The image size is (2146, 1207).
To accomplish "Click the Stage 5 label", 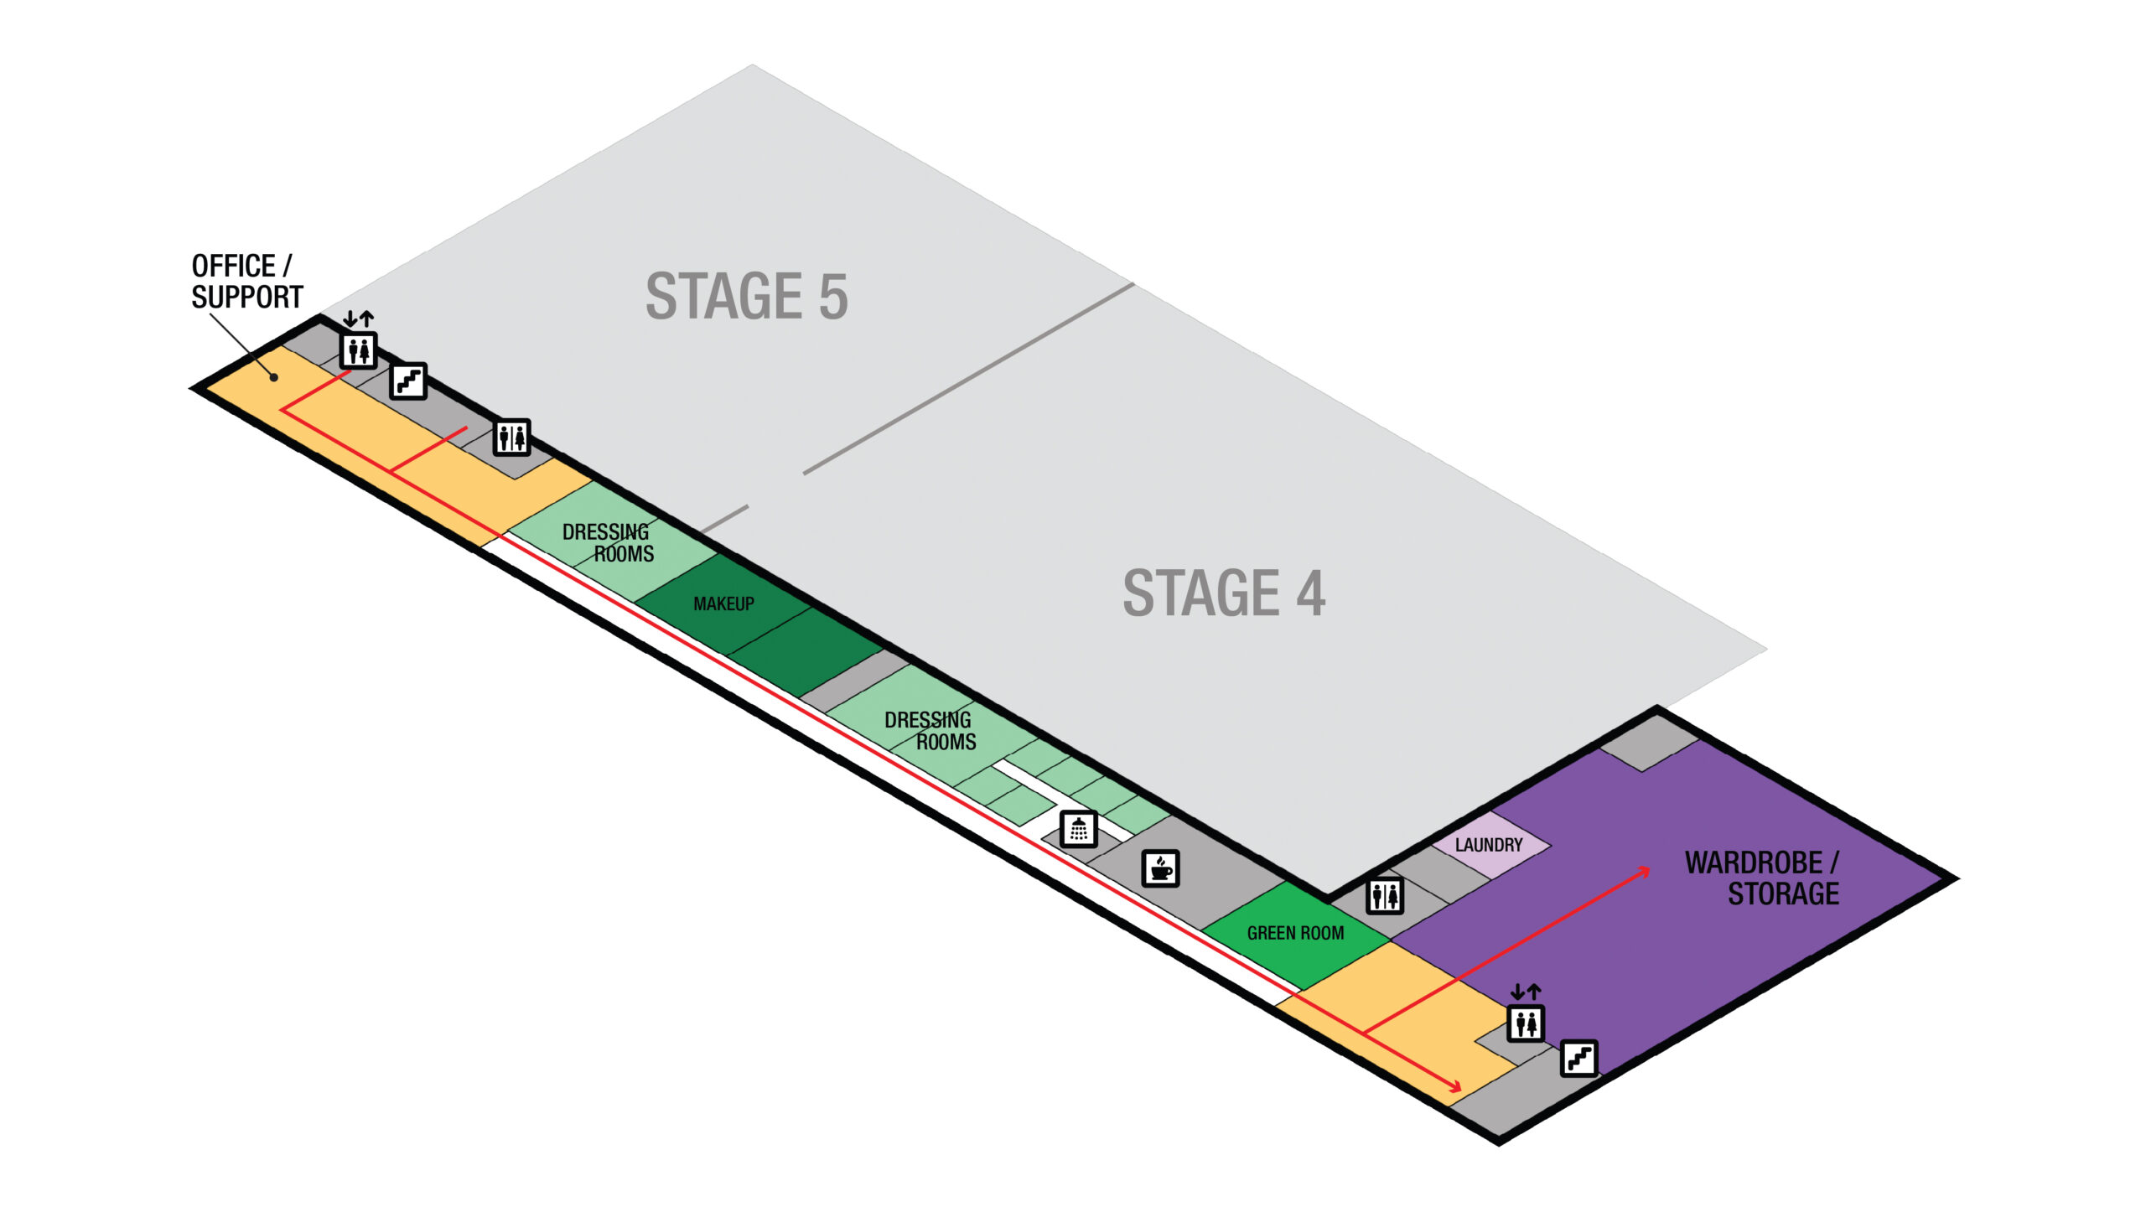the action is (x=746, y=296).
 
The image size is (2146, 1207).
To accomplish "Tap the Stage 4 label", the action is (x=1224, y=593).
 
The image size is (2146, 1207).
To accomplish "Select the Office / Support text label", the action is (x=246, y=282).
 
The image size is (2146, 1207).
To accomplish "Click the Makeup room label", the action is (x=723, y=603).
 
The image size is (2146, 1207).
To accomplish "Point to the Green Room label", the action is (x=1295, y=933).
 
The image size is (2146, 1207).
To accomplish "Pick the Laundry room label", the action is (x=1489, y=845).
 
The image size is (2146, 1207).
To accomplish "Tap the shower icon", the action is (x=1079, y=829).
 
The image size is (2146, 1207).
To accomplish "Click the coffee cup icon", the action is (x=1161, y=868).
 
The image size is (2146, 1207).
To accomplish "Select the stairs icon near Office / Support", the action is (x=409, y=381).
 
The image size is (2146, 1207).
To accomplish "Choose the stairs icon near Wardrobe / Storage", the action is (x=1579, y=1059).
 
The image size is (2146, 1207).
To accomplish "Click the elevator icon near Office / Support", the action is (x=359, y=350).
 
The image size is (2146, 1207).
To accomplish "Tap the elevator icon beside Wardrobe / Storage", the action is (x=1526, y=1023).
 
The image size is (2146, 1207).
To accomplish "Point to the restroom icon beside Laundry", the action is (x=1385, y=896).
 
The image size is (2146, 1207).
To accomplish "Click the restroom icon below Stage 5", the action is (x=511, y=438).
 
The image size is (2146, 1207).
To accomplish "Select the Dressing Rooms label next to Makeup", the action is (x=609, y=543).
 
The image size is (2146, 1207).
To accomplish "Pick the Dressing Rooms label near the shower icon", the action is (x=930, y=731).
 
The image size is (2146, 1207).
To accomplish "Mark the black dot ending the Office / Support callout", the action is (x=274, y=378).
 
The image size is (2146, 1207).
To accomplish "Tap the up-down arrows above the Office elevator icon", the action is (x=358, y=319).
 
